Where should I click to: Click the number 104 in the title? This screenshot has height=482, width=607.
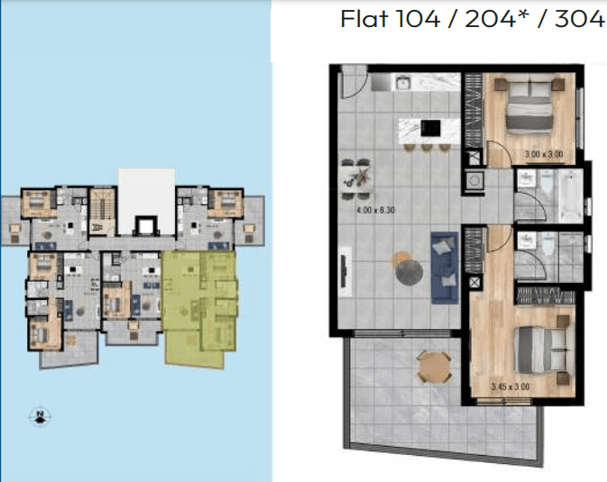pos(419,19)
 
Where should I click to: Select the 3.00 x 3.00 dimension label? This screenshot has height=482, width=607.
pos(544,154)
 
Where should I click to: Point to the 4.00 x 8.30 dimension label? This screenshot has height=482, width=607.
pos(375,211)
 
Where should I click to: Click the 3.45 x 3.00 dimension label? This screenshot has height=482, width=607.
pos(510,387)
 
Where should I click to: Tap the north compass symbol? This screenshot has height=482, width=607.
pos(40,416)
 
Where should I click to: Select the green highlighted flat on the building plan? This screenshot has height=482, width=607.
pos(199,306)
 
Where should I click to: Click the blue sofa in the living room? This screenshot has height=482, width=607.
pos(445,268)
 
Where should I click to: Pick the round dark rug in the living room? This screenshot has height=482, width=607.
pos(409,272)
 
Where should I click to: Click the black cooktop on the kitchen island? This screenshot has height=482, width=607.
pos(431,128)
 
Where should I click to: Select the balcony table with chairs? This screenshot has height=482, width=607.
pos(435,367)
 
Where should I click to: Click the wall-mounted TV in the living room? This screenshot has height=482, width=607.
pos(344,272)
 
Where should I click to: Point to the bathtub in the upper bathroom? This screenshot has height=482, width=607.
pos(569,196)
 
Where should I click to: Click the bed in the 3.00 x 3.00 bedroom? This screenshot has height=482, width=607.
pos(529,107)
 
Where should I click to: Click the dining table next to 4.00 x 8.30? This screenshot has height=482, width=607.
pos(357,179)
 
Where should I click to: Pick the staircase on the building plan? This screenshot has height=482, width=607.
pos(103,212)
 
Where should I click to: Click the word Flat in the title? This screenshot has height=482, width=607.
pos(364,19)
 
